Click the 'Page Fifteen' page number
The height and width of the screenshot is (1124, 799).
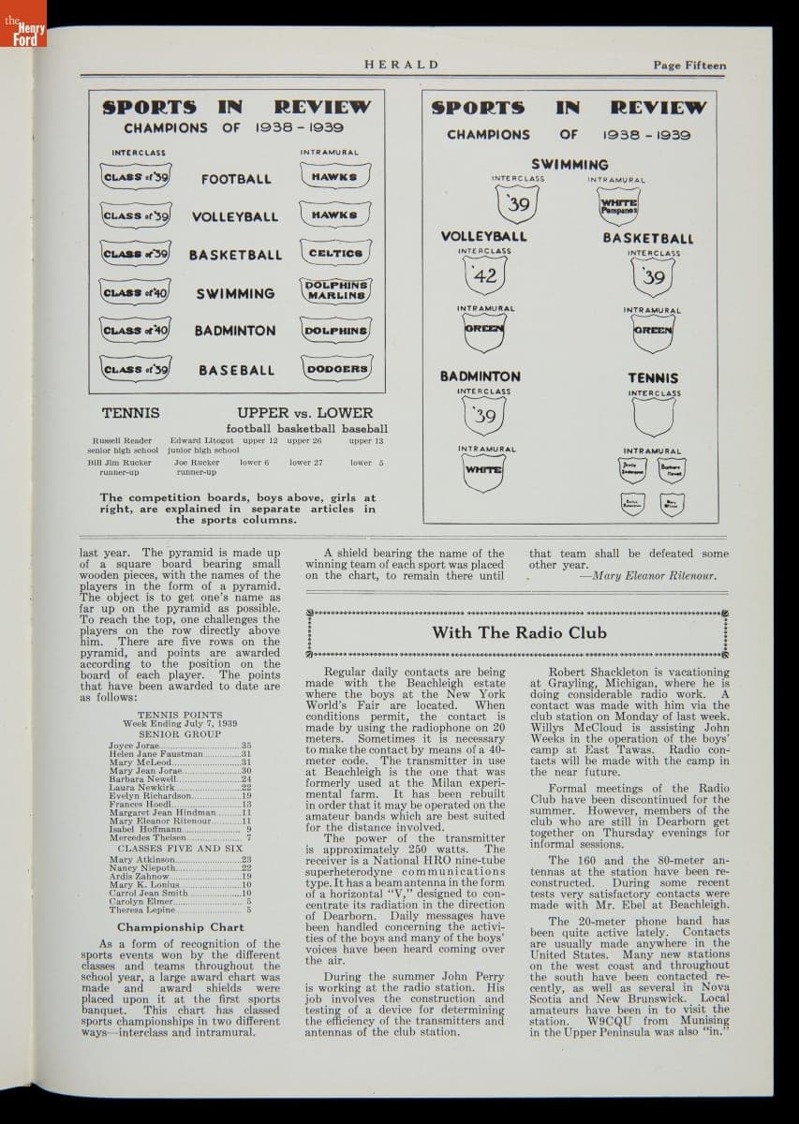[x=689, y=65]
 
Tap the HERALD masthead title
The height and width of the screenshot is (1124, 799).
[x=401, y=65]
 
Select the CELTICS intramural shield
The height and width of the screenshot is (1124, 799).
[x=335, y=253]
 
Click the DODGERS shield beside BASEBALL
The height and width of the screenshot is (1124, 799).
[x=335, y=369]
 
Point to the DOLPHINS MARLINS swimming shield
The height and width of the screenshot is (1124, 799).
[x=335, y=290]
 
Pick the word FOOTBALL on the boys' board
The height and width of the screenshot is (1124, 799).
[x=236, y=179]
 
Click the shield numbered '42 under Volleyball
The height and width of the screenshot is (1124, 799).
[x=484, y=275]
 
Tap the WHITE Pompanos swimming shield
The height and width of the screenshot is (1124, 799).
[x=617, y=205]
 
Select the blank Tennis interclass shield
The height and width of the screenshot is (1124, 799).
[x=653, y=417]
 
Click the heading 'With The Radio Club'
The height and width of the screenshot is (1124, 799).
[x=512, y=632]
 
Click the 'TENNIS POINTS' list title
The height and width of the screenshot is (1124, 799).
[x=180, y=715]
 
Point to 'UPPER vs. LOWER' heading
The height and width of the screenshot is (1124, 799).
[x=304, y=412]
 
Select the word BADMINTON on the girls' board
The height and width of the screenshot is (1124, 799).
[x=481, y=377]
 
